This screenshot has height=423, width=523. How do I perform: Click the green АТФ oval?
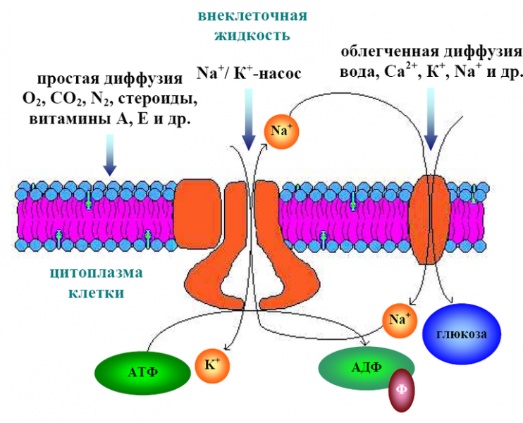[144, 372]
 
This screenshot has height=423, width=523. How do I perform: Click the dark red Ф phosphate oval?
[401, 389]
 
